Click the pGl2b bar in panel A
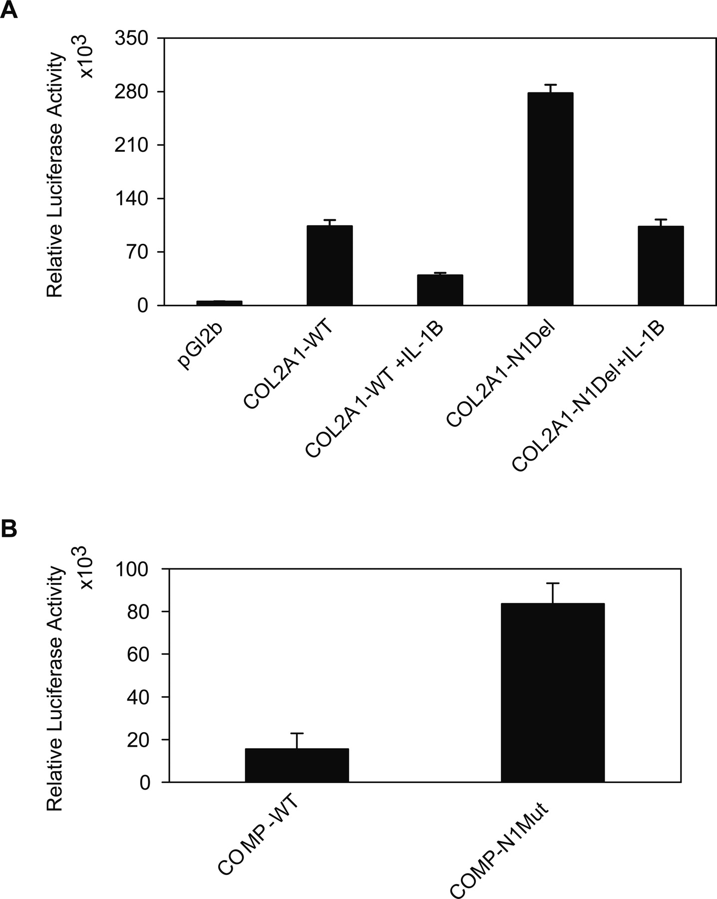coord(219,303)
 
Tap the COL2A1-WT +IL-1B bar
coord(440,290)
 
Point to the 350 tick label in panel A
coord(131,38)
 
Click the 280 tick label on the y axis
coord(131,92)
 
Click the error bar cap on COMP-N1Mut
coord(553,583)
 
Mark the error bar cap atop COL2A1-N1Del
coord(550,85)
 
